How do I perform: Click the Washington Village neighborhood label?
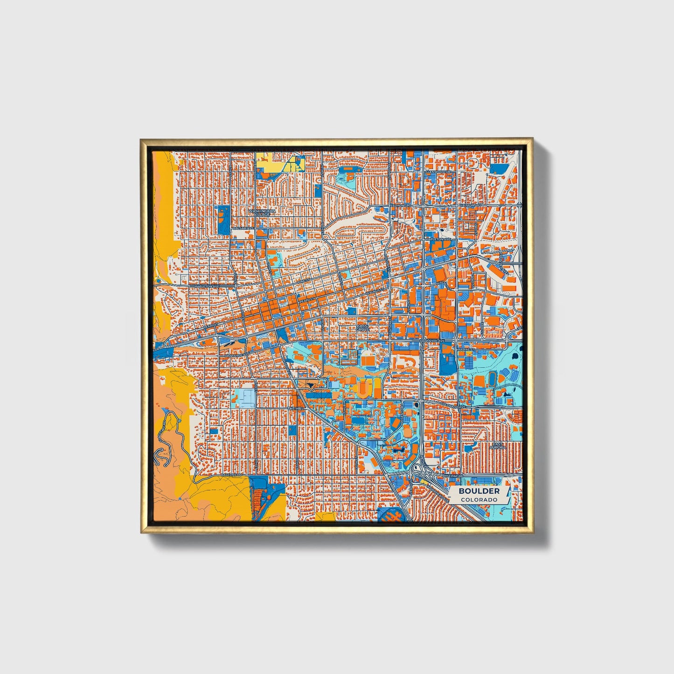[x=262, y=213]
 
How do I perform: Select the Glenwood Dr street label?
[x=438, y=172]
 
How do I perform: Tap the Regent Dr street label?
[x=403, y=410]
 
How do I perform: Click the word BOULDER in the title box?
[x=479, y=491]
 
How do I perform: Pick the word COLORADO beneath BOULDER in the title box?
[x=479, y=500]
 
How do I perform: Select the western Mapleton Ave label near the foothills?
[x=206, y=286]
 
